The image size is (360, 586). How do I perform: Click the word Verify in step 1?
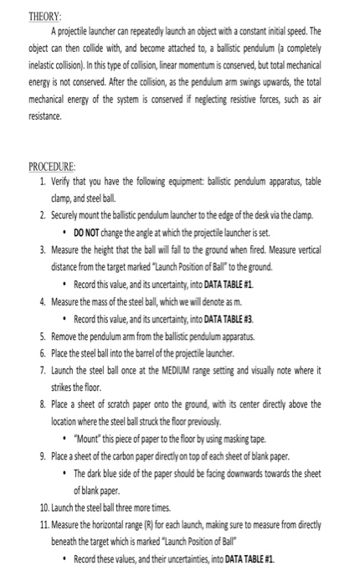point(64,178)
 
